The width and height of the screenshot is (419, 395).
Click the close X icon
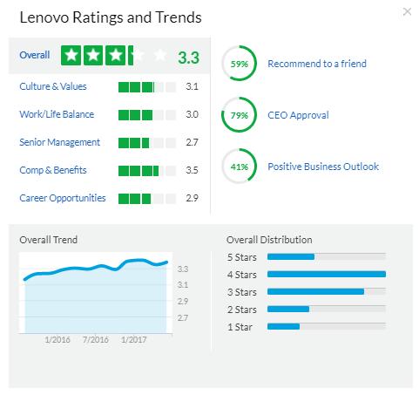(x=407, y=11)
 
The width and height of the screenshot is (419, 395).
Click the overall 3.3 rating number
(x=188, y=58)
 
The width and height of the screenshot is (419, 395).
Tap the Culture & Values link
(x=53, y=86)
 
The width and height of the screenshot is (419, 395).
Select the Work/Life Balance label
(x=57, y=114)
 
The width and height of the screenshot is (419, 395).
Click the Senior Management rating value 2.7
(x=192, y=142)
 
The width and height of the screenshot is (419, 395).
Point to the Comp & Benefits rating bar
(x=147, y=171)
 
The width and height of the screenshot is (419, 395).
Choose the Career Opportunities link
(x=63, y=198)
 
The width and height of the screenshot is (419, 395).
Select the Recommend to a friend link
(x=317, y=64)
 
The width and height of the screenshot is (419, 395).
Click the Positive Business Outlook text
(x=323, y=167)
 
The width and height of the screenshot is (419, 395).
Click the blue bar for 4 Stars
(x=327, y=274)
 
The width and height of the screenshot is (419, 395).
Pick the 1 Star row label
(x=240, y=327)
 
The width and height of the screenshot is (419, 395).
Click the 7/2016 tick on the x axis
(x=96, y=339)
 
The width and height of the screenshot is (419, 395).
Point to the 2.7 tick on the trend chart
(x=183, y=317)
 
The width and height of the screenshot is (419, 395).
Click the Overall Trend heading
(x=48, y=240)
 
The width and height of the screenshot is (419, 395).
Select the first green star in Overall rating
(x=71, y=55)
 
